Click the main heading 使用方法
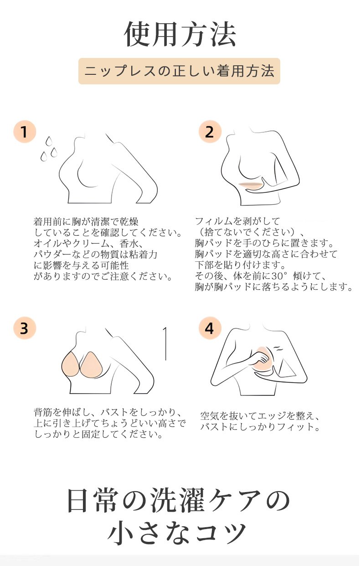(x=180, y=35)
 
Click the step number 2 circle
(x=209, y=132)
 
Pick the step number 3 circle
(x=24, y=328)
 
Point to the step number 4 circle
(x=209, y=328)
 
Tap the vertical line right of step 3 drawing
(x=165, y=343)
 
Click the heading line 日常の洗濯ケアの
(x=179, y=500)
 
